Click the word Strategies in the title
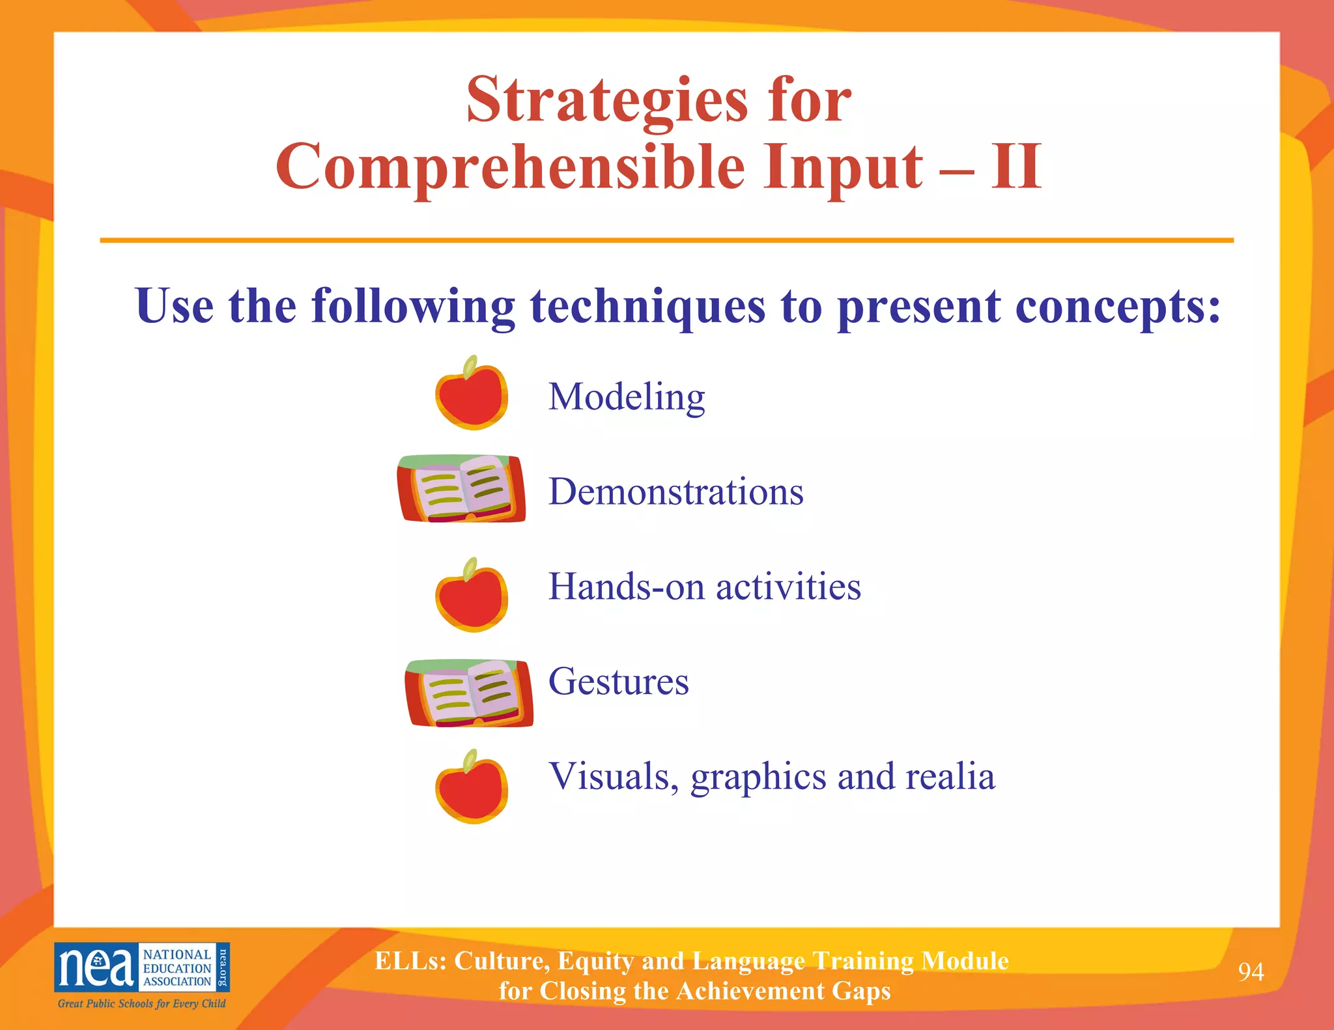point(607,101)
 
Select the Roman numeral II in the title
point(1016,167)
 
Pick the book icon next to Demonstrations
point(461,489)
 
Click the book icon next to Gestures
point(468,693)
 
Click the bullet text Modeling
point(626,397)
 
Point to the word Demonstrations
point(675,492)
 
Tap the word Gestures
point(618,682)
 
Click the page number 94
point(1251,972)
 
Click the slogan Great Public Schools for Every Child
point(141,1003)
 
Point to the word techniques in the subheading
point(647,306)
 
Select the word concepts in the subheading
point(1117,306)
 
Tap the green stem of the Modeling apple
point(470,367)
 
